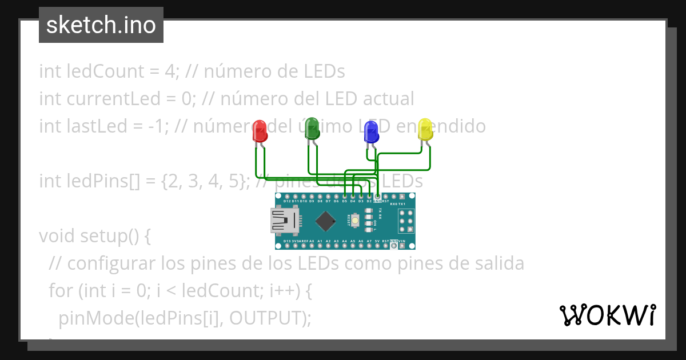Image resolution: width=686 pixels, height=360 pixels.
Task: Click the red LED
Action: pos(260,131)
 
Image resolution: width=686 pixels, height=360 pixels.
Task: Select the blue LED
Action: pos(371,131)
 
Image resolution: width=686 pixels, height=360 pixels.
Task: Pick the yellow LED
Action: pos(425,129)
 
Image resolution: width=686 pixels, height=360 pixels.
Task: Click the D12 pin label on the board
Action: pos(287,201)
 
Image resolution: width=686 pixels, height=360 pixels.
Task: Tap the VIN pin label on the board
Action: pos(402,241)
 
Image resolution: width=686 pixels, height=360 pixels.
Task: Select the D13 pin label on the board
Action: pos(287,241)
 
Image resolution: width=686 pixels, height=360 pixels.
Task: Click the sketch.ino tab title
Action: pos(101,25)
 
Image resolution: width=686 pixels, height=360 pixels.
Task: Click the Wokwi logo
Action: pos(607,315)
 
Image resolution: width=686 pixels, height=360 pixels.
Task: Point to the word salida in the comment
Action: pos(498,263)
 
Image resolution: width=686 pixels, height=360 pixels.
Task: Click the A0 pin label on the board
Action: pos(312,241)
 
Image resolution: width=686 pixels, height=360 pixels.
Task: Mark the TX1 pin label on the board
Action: pos(402,203)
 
